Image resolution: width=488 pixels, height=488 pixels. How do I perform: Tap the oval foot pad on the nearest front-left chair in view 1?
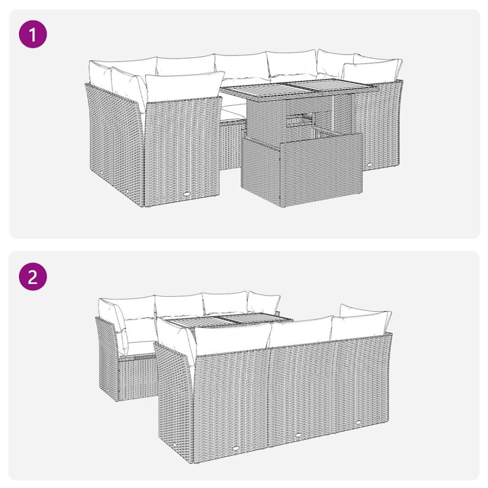click(x=187, y=195)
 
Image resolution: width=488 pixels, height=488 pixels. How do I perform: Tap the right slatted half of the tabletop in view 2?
click(x=247, y=321)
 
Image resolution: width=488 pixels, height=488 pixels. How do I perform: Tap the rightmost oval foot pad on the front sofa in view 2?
click(x=358, y=424)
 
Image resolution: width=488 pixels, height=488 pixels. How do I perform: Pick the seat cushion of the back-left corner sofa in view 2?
click(x=137, y=348)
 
